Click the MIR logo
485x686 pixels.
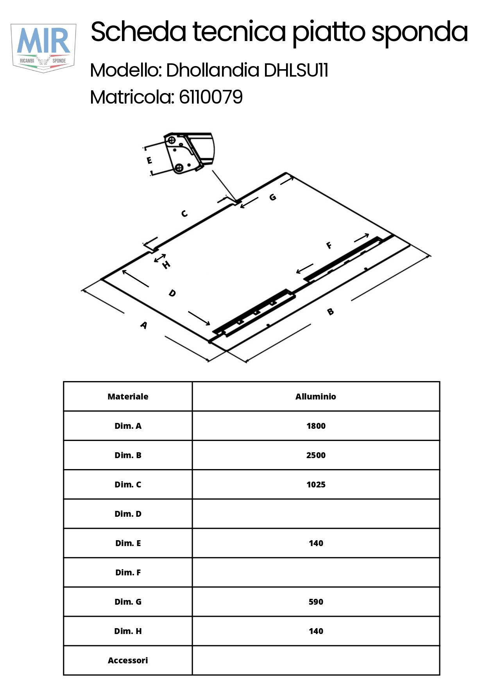[43, 48]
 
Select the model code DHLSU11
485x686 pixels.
[296, 70]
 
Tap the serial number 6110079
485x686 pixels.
[211, 97]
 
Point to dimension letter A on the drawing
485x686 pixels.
[144, 325]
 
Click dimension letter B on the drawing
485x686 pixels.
[330, 312]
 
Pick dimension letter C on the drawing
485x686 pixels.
[184, 213]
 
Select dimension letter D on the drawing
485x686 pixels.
[172, 293]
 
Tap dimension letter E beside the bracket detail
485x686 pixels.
[149, 160]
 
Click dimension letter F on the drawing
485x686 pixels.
[329, 245]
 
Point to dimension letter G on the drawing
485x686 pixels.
[273, 197]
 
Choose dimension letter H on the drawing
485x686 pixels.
[166, 265]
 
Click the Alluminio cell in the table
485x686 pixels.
[316, 396]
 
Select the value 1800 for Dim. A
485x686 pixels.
[316, 426]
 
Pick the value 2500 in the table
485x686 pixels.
[316, 455]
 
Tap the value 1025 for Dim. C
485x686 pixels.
[316, 484]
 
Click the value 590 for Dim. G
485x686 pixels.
[316, 602]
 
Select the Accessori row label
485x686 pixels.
[128, 660]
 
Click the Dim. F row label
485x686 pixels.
[128, 572]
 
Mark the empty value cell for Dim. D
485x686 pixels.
[316, 514]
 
